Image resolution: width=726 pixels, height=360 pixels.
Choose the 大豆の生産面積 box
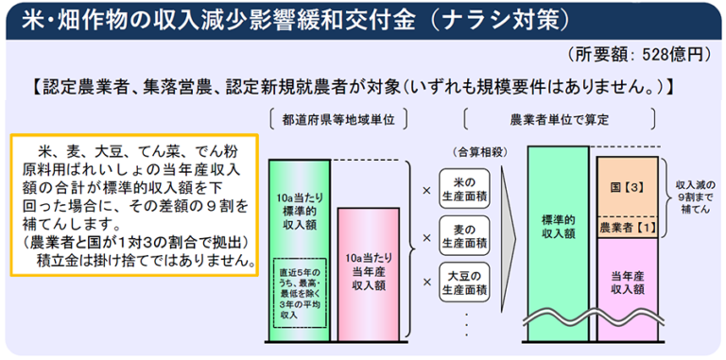465,283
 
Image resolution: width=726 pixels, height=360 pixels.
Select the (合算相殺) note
464,149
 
